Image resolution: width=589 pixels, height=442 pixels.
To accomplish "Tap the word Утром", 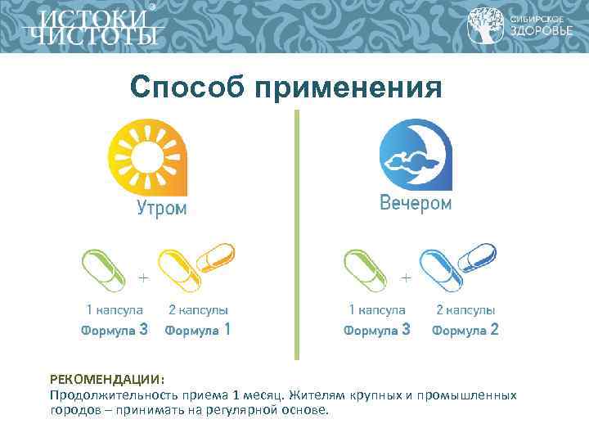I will click(161, 209).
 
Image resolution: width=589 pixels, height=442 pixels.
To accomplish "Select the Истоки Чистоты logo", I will click(90, 27).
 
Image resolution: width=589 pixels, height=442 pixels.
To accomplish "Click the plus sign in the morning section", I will click(143, 278).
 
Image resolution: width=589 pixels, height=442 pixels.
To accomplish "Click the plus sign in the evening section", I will click(406, 278).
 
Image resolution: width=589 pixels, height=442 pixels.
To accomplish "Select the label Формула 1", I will click(197, 331).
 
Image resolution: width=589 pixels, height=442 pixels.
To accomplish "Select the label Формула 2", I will click(465, 331).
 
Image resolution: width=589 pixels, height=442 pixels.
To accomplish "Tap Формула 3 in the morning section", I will click(115, 331).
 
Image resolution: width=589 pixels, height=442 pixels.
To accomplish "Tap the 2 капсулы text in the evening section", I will click(465, 310).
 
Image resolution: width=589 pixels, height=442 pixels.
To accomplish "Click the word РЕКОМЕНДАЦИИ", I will click(106, 380).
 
